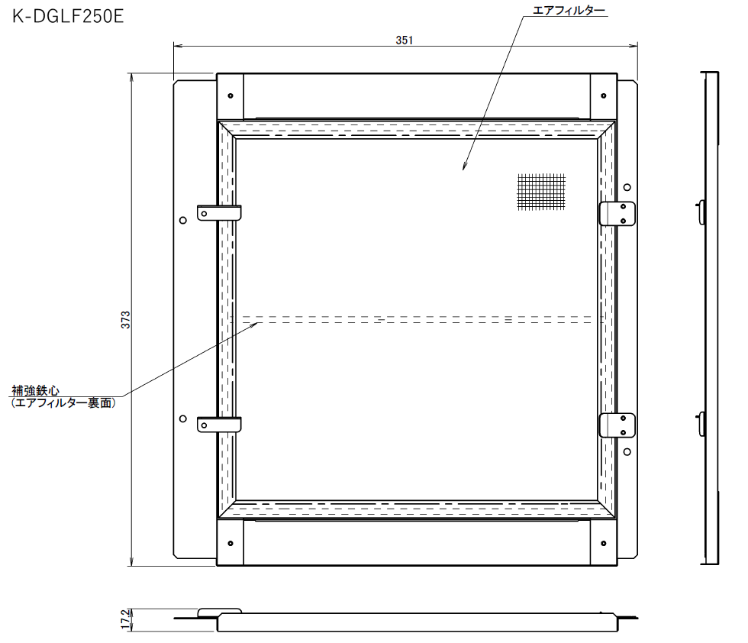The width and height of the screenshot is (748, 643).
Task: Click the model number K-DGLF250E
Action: tap(68, 16)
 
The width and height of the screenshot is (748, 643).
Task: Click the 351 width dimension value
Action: tap(404, 40)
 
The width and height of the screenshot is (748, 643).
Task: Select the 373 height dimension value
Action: tap(125, 319)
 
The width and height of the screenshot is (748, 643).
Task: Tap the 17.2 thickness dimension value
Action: tap(125, 619)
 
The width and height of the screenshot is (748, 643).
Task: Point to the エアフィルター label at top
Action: tap(569, 11)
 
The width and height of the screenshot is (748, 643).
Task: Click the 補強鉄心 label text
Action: tap(36, 390)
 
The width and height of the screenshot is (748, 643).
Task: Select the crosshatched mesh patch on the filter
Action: tap(541, 192)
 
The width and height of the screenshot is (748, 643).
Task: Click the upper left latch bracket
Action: tap(219, 213)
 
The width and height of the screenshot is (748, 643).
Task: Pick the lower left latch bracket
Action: tap(219, 425)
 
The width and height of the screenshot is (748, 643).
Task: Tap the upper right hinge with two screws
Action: tap(617, 213)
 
